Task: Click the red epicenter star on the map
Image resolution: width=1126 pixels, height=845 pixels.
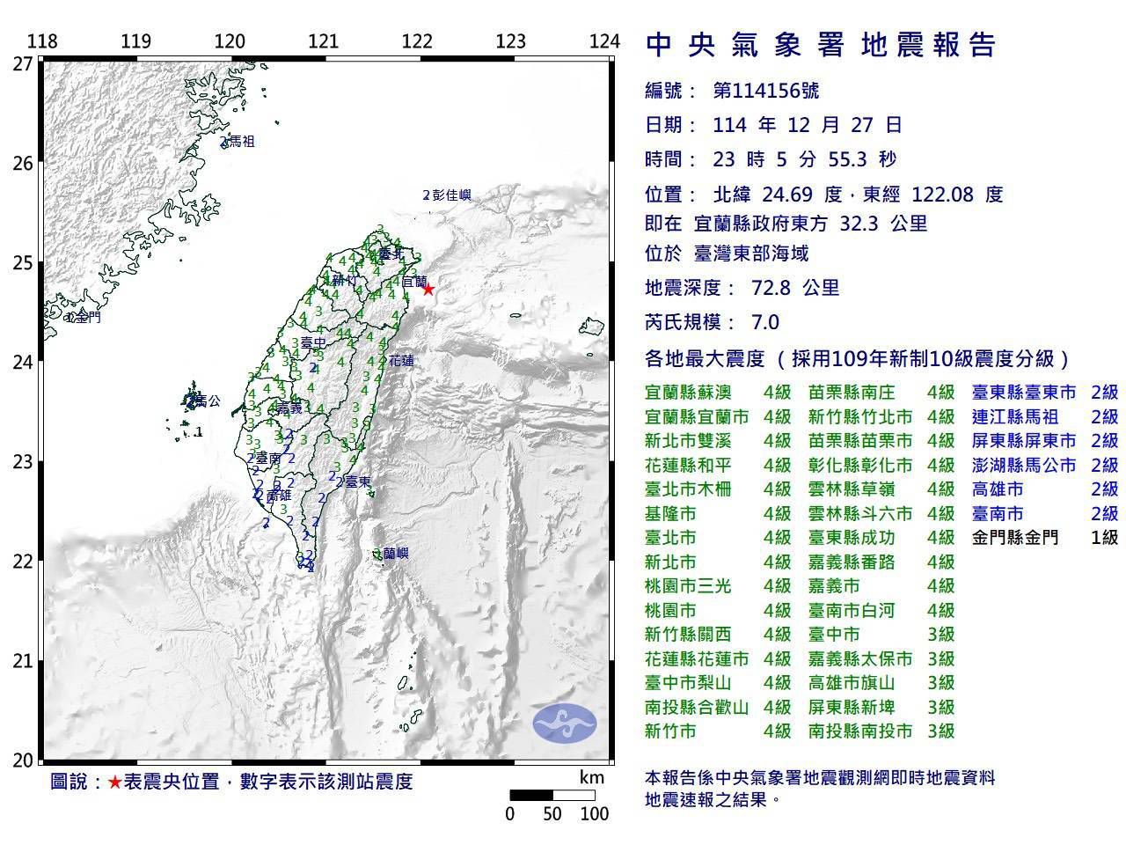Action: [428, 289]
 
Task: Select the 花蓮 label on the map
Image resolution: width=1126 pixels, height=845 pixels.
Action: [401, 361]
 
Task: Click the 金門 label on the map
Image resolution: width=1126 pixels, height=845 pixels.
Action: [87, 317]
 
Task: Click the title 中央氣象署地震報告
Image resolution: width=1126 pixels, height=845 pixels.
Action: [820, 45]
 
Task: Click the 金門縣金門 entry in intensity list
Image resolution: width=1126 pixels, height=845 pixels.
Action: [1015, 537]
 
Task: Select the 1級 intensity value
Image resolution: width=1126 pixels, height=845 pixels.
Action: [1104, 537]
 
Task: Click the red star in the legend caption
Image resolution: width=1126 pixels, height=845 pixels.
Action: [114, 782]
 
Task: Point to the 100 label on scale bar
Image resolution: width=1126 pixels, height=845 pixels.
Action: [595, 814]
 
